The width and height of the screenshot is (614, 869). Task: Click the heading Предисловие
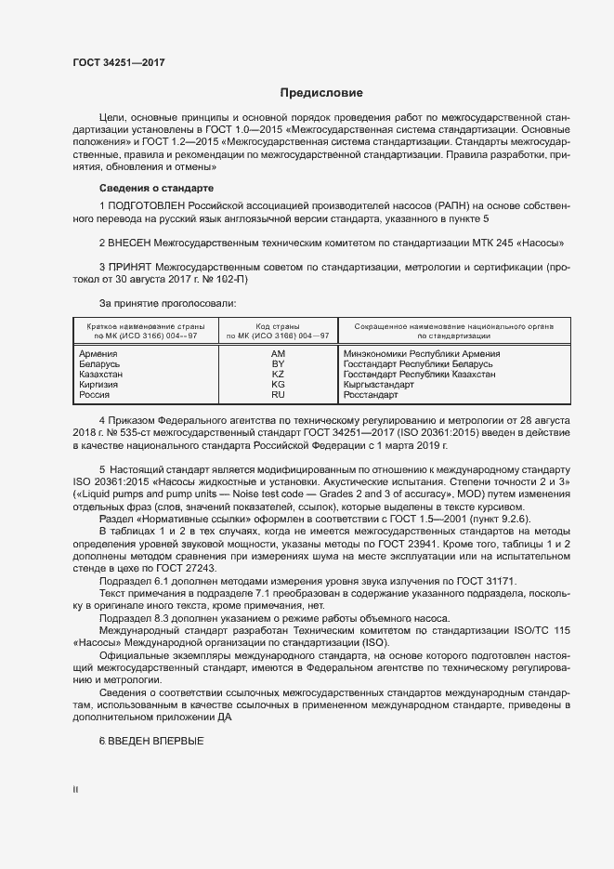point(321,93)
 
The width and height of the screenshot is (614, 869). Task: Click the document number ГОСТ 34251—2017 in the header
point(112,61)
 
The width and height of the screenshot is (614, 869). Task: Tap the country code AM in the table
point(278,354)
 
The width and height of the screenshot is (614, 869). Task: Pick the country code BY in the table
point(278,364)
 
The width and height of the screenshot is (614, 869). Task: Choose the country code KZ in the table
point(278,375)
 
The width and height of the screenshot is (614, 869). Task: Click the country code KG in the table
point(278,385)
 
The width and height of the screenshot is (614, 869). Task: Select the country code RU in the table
point(278,395)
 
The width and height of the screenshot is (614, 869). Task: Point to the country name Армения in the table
point(98,354)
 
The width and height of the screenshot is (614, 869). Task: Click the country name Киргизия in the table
point(99,385)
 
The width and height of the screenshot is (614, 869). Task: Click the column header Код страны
point(278,327)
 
